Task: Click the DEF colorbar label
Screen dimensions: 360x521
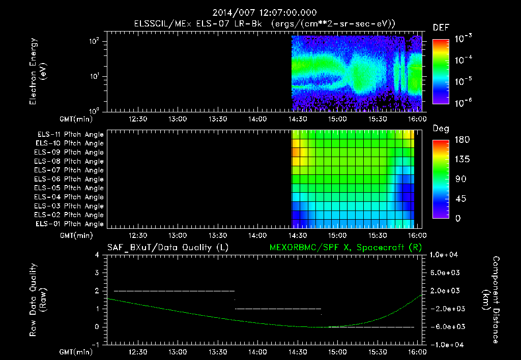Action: [x=441, y=27]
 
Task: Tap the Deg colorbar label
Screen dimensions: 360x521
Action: [x=441, y=129]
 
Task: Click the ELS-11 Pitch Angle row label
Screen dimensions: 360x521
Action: [x=70, y=134]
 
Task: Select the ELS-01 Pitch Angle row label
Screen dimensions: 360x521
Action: [x=70, y=224]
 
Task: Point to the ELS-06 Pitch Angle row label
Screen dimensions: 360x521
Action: [x=70, y=179]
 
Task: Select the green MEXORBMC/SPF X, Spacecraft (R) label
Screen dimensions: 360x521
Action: [x=345, y=248]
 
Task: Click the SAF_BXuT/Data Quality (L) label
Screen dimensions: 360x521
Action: [x=167, y=248]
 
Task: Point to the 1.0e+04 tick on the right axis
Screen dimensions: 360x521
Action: [x=445, y=255]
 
